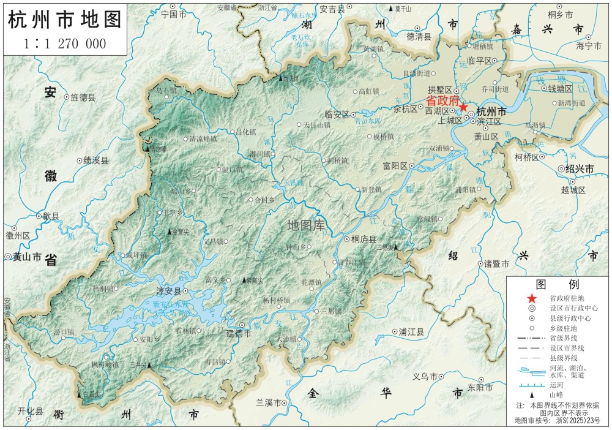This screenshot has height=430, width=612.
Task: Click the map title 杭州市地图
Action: point(64,20)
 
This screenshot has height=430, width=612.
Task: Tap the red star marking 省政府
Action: point(463,107)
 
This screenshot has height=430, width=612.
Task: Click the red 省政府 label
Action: point(442,100)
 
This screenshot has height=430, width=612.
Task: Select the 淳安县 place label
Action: point(168,292)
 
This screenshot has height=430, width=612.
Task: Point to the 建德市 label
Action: point(239,334)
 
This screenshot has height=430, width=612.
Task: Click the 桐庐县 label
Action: point(364,240)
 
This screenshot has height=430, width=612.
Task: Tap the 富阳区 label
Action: point(395,166)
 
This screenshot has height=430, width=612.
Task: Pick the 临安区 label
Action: point(337,115)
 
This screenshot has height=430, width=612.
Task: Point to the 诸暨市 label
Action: point(496,263)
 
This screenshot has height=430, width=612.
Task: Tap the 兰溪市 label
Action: point(268,402)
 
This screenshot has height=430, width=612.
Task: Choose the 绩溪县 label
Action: point(95,160)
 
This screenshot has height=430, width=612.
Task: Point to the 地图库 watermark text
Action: point(306,225)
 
